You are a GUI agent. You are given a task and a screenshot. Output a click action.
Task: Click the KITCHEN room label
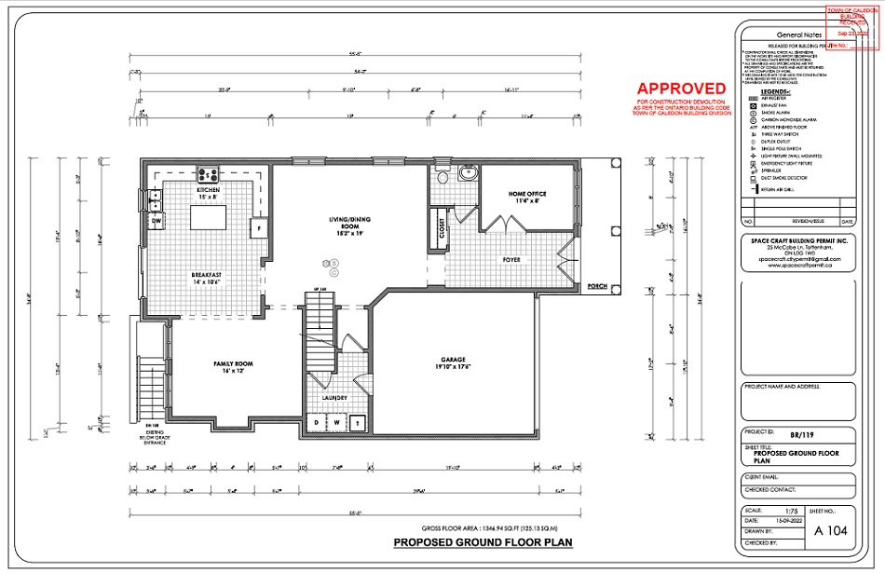pyautogui.click(x=207, y=189)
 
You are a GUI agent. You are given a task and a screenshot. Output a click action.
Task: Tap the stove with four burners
pyautogui.click(x=207, y=173)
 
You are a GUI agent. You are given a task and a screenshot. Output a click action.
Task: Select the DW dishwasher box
pyautogui.click(x=157, y=221)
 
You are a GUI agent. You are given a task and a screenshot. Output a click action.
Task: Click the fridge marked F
pyautogui.click(x=261, y=227)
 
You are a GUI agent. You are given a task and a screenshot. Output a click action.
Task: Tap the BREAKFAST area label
pyautogui.click(x=207, y=275)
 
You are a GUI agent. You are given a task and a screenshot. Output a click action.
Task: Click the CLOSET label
pyautogui.click(x=442, y=229)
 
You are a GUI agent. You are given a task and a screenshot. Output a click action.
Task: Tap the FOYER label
pyautogui.click(x=512, y=260)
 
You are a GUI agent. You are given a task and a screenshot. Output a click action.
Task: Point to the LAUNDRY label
pyautogui.click(x=334, y=398)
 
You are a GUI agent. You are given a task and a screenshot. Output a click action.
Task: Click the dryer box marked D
pyautogui.click(x=316, y=422)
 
